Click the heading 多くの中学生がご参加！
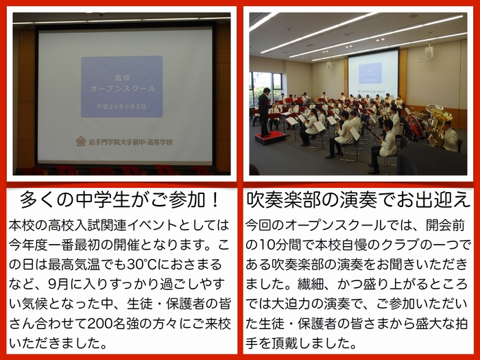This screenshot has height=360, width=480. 120,200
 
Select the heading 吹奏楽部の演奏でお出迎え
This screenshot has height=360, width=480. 358,200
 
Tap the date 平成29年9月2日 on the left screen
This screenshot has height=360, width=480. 121,106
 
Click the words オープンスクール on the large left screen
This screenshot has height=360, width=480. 123,88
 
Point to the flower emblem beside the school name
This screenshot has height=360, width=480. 81,141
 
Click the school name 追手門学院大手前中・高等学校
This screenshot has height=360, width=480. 131,142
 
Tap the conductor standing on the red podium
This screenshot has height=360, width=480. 265,112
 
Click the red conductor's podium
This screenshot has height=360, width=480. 270,138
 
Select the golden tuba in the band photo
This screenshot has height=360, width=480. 438,125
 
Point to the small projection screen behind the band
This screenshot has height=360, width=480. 373,74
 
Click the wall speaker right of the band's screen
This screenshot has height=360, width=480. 429,51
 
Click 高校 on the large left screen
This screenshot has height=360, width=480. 123,77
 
